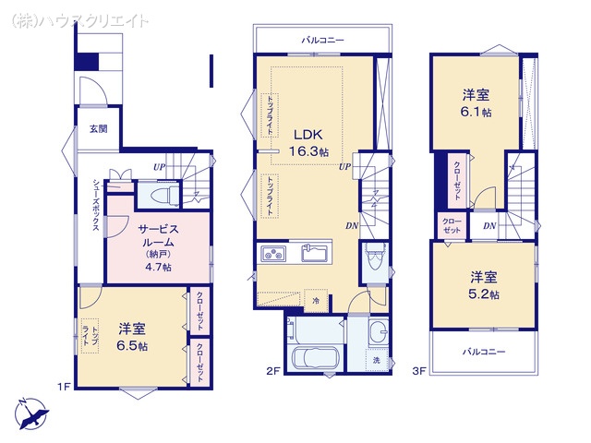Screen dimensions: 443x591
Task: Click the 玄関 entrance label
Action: pyautogui.click(x=98, y=129)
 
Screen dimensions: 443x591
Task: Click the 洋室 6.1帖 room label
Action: pyautogui.click(x=476, y=104)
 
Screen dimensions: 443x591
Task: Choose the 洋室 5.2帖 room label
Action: pyautogui.click(x=484, y=284)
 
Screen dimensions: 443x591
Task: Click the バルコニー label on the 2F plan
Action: pyautogui.click(x=322, y=41)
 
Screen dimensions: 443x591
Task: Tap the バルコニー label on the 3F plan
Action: pyautogui.click(x=483, y=352)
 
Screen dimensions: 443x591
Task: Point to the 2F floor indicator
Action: pyautogui.click(x=273, y=371)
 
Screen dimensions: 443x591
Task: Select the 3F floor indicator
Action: pyautogui.click(x=418, y=371)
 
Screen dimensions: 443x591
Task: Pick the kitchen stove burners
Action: pyautogui.click(x=274, y=254)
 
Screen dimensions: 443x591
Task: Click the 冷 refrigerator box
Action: pyautogui.click(x=315, y=301)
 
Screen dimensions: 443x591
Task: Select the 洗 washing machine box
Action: pyautogui.click(x=376, y=360)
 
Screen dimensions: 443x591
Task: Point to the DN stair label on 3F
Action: pyautogui.click(x=488, y=225)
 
